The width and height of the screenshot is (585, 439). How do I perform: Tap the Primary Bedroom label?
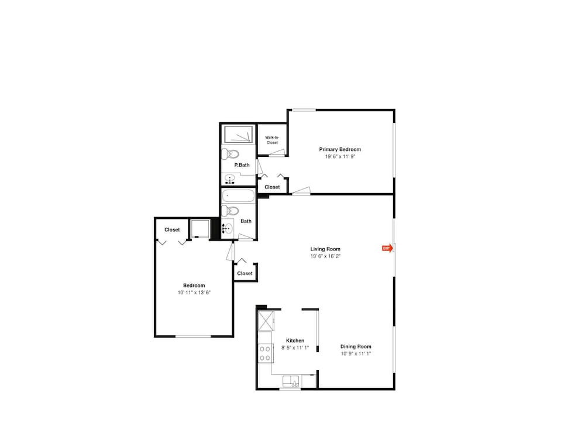[x=340, y=149]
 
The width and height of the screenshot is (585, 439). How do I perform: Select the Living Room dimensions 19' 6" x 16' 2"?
[x=325, y=256]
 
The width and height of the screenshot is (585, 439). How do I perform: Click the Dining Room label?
[x=356, y=347]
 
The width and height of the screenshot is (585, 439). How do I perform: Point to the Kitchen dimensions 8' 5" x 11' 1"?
[x=295, y=348]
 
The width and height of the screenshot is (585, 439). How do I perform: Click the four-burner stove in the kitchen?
[x=265, y=353]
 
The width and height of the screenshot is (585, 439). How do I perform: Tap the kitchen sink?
[x=292, y=381]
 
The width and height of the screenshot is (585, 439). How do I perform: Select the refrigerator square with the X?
[x=266, y=321]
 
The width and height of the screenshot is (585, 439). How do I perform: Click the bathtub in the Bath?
[x=238, y=196]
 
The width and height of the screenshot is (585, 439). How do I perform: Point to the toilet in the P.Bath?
[x=230, y=154]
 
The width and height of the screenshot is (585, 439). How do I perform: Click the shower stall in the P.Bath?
[x=238, y=135]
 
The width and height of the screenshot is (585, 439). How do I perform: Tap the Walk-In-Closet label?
[x=272, y=140]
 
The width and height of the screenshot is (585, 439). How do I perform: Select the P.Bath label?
[x=242, y=165]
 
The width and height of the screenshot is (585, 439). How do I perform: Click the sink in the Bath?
[x=228, y=228]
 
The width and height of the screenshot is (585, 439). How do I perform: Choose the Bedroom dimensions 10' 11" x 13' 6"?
[x=194, y=293]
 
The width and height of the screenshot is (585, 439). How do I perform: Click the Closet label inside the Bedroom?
[x=172, y=230]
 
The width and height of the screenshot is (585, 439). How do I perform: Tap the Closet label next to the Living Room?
[x=245, y=273]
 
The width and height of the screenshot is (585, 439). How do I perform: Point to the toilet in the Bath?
[x=230, y=211]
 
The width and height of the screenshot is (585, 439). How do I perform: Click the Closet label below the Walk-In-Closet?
[x=272, y=187]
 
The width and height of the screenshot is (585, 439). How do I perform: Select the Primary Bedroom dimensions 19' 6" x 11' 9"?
[x=340, y=156]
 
